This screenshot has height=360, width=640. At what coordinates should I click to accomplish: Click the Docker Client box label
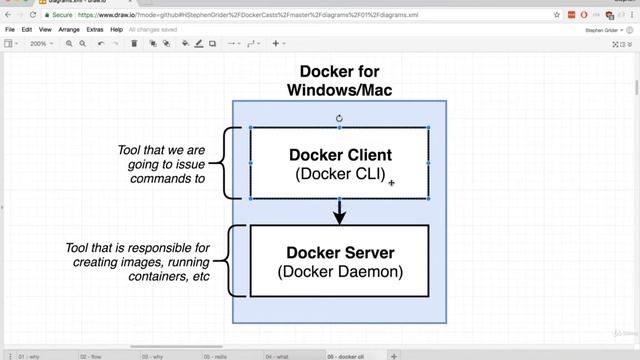coord(339,155)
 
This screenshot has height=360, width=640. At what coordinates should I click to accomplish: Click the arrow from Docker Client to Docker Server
coord(339,211)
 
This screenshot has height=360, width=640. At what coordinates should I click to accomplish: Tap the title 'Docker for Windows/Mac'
coord(339,81)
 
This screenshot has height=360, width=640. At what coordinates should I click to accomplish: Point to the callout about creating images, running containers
coord(140,262)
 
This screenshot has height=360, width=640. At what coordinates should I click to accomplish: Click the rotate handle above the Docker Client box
coord(339,118)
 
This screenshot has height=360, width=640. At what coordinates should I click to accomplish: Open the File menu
coord(10,30)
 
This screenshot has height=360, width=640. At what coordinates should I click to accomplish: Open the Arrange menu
coord(69,30)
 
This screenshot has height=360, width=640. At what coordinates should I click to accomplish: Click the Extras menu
coord(95,30)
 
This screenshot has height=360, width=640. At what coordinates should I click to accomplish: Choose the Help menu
coord(117,30)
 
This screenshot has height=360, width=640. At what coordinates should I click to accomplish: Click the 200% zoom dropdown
coord(40,44)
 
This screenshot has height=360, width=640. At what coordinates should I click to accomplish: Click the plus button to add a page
coord(394,355)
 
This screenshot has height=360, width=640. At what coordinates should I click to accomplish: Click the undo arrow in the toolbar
coord(101,44)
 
